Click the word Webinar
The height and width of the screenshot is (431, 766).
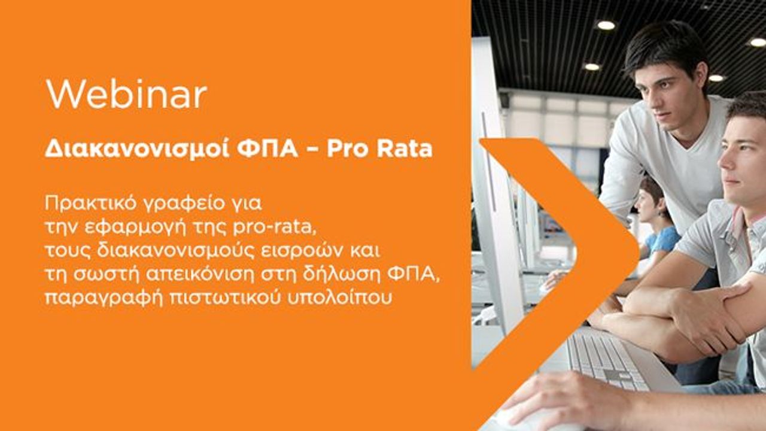pos(126,94)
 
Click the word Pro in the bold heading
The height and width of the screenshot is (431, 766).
pos(346,149)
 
